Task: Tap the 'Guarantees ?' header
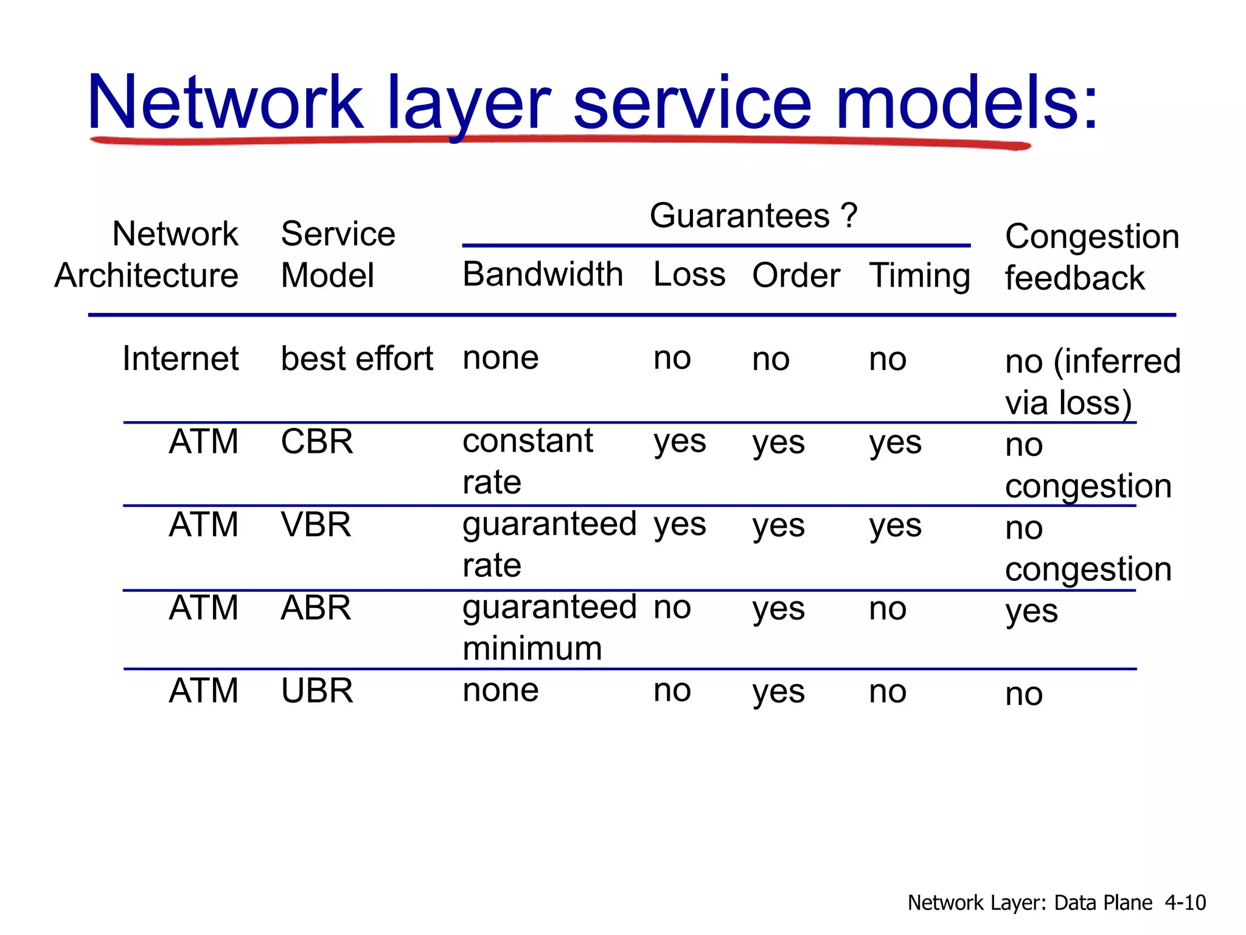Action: coord(753,216)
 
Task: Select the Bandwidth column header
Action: coord(543,275)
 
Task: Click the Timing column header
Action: coord(919,276)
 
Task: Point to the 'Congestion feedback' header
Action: coord(1091,257)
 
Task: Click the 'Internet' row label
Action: coord(180,359)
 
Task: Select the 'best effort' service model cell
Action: coord(357,359)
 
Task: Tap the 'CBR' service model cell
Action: coord(316,442)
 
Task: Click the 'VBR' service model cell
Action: coord(316,525)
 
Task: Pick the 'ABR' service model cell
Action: coord(316,608)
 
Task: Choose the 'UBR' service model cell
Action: coord(316,691)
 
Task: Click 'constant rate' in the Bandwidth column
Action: coord(527,461)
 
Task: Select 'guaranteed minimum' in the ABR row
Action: coord(549,628)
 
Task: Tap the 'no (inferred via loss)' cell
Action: coord(1092,382)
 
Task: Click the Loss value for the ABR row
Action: coord(672,608)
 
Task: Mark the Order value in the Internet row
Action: coord(771,359)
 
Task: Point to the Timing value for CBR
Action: coord(895,443)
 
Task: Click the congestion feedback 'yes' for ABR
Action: coord(1031,611)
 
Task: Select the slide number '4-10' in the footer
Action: coord(1185,902)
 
